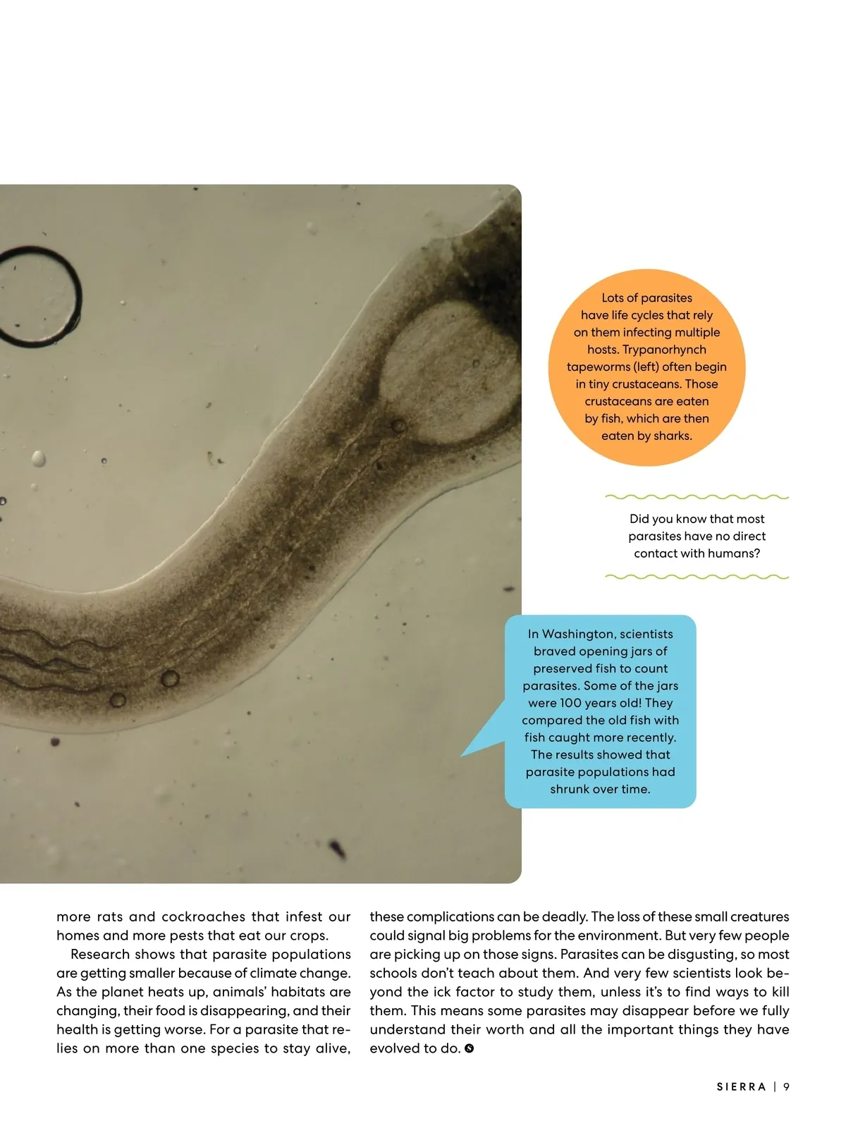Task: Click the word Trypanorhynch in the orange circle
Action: [x=665, y=350]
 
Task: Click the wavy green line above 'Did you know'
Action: [x=697, y=498]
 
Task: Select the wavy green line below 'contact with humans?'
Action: [x=697, y=577]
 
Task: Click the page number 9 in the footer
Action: [x=786, y=1087]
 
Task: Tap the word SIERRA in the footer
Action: [x=741, y=1087]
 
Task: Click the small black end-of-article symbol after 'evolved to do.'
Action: [x=470, y=1049]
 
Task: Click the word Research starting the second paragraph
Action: [x=103, y=954]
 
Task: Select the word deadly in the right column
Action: [x=564, y=916]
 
